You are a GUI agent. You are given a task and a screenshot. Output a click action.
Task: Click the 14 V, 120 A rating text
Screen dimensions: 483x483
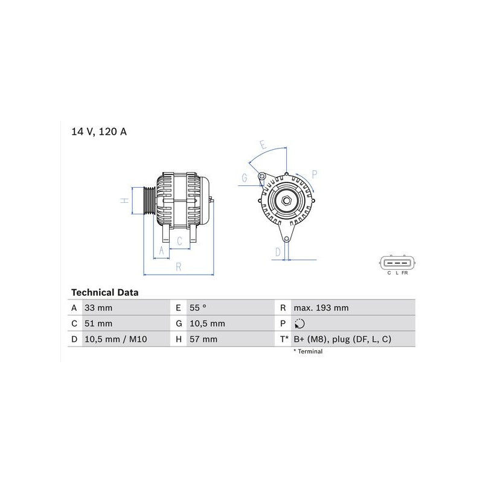(99, 132)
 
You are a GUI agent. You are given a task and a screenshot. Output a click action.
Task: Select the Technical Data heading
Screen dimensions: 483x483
(104, 292)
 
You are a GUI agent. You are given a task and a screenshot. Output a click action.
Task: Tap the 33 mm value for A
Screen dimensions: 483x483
(98, 308)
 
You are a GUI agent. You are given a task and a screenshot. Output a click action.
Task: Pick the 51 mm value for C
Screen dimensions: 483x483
(98, 324)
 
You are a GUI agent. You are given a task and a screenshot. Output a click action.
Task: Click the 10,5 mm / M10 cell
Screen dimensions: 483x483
(115, 339)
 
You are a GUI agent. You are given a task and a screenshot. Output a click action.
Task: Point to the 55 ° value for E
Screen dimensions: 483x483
(198, 308)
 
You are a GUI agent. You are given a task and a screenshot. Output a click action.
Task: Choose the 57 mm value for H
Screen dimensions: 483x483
(203, 339)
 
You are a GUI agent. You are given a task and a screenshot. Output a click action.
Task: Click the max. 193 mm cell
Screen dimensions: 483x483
(321, 308)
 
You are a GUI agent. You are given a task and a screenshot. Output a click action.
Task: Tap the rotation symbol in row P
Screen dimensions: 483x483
(299, 324)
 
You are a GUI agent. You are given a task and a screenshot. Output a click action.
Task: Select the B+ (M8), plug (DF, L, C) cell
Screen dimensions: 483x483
(342, 339)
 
